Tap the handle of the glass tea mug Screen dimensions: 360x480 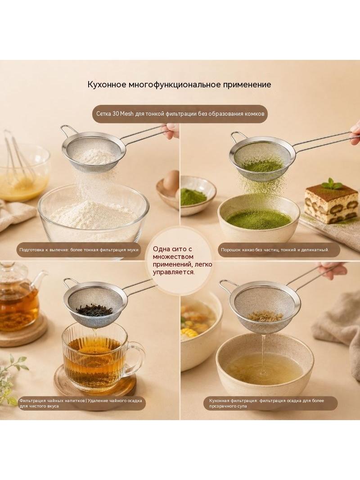coord(135,356)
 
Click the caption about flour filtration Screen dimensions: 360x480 coord(79,250)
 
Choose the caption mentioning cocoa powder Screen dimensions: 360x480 coord(274,250)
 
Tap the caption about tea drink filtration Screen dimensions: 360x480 coord(81,403)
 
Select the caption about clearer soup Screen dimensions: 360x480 coord(266,403)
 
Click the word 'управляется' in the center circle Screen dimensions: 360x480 coord(173,272)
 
